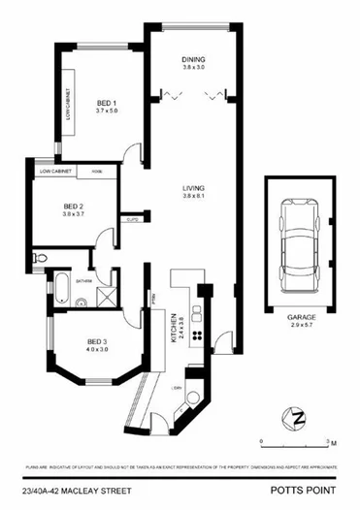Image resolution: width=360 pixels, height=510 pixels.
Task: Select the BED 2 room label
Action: pyautogui.click(x=71, y=205)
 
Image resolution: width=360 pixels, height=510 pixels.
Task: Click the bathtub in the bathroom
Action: pyautogui.click(x=59, y=288)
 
